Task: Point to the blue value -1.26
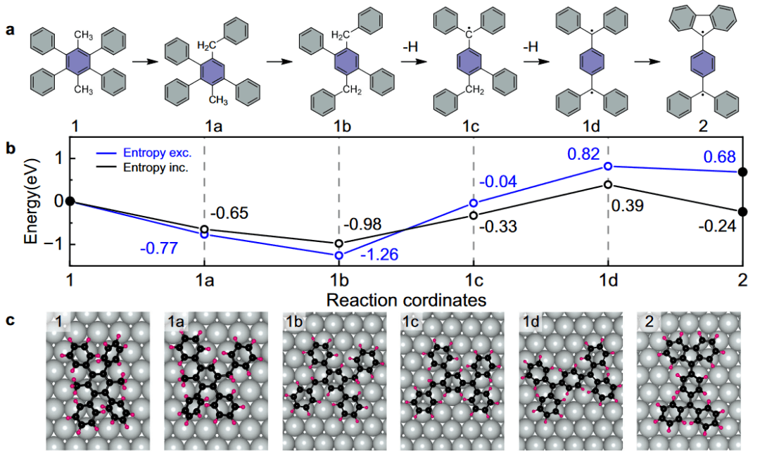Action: click(x=380, y=254)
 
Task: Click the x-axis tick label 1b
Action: click(x=339, y=281)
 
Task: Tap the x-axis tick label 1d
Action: click(x=608, y=281)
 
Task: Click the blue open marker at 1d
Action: click(x=608, y=167)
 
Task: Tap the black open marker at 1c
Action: click(x=474, y=215)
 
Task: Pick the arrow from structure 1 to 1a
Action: click(x=144, y=62)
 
